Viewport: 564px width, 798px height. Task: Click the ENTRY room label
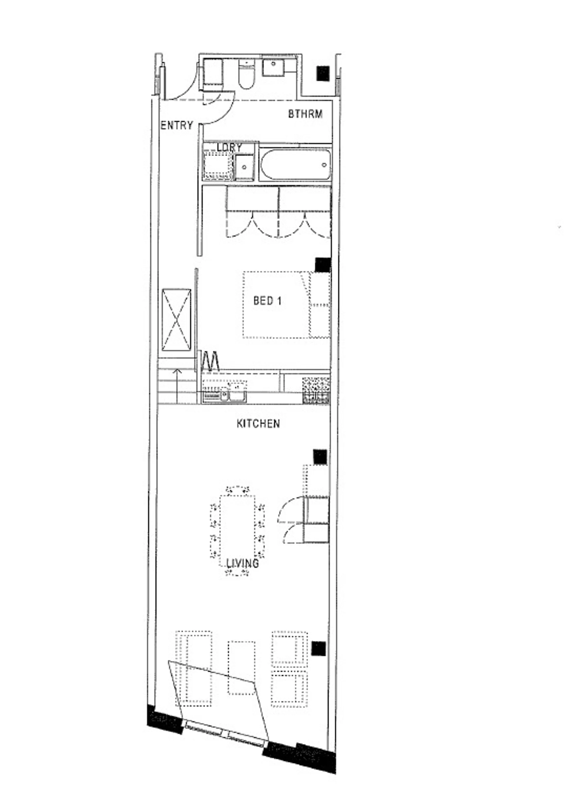177,125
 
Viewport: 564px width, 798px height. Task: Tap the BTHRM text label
305,114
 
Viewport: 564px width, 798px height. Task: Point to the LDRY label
229,147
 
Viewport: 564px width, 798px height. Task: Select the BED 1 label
267,301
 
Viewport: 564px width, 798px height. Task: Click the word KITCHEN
258,424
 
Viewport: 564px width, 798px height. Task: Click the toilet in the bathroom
247,74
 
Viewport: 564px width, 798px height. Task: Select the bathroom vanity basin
274,67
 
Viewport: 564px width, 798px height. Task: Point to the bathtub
295,165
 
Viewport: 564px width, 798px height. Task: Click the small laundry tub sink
245,167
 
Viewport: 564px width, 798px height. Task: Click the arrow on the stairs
178,386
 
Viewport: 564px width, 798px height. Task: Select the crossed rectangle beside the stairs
176,320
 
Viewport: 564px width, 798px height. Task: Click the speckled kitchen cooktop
316,390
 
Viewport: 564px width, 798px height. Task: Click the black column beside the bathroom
323,73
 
